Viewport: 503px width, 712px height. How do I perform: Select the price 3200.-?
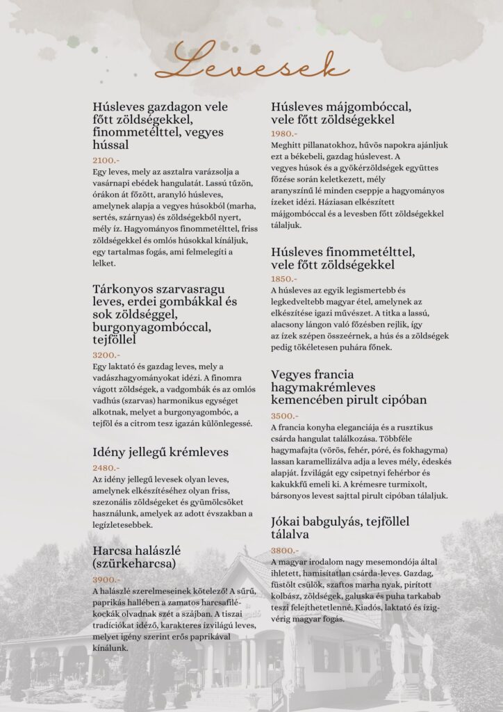[x=106, y=354]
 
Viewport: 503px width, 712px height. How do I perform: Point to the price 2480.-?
[x=106, y=468]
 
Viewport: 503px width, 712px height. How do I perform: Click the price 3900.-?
[x=106, y=579]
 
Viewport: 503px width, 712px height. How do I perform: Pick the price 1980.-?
[x=284, y=133]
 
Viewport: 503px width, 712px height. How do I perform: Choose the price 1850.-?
[x=284, y=279]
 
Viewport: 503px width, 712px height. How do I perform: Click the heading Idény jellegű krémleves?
[x=160, y=453]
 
